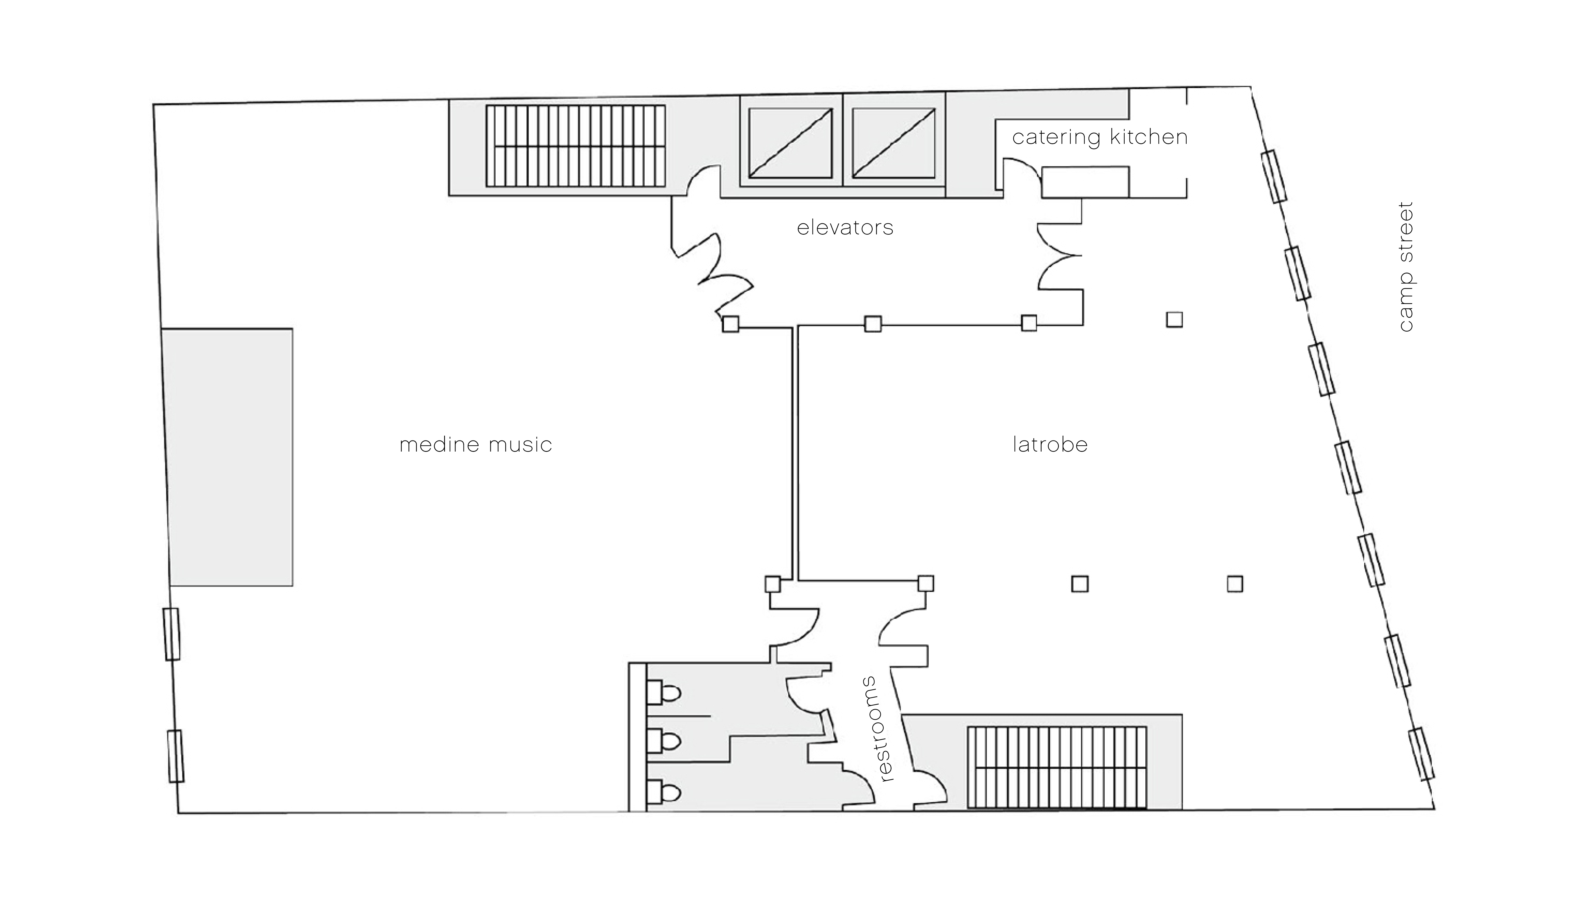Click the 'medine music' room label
click(476, 445)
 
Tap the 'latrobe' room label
click(1050, 445)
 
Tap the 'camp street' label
click(1405, 266)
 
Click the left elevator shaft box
click(790, 144)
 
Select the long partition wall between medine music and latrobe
click(795, 453)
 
